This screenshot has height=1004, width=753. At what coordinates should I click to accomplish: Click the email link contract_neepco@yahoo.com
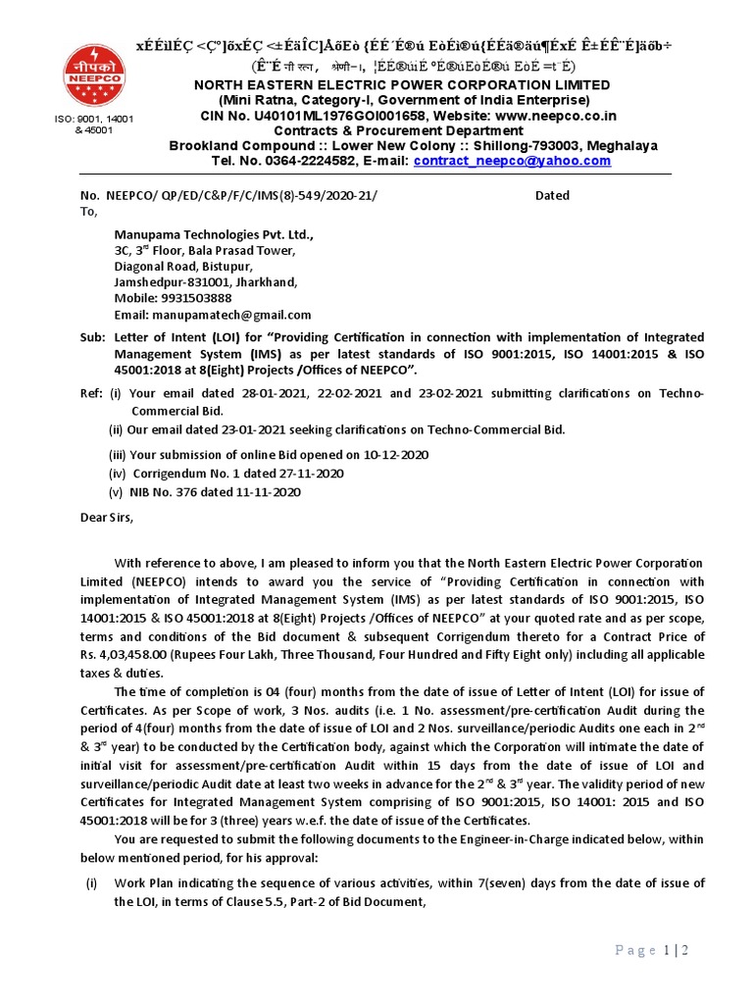coord(512,161)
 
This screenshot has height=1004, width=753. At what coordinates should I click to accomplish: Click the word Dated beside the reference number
coord(552,195)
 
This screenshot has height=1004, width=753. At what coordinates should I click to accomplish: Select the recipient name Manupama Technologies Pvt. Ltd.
coord(214,235)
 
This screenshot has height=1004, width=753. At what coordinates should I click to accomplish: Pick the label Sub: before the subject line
coord(91,337)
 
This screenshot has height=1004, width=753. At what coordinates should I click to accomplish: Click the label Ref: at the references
coord(90,394)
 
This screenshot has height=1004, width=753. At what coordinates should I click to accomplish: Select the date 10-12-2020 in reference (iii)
coord(394,455)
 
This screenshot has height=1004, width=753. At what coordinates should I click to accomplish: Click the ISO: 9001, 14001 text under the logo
coord(93,120)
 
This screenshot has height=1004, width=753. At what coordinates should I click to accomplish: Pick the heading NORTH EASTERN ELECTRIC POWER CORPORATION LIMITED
coord(402,85)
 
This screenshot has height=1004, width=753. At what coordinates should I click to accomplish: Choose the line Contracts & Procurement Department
coord(402,130)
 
